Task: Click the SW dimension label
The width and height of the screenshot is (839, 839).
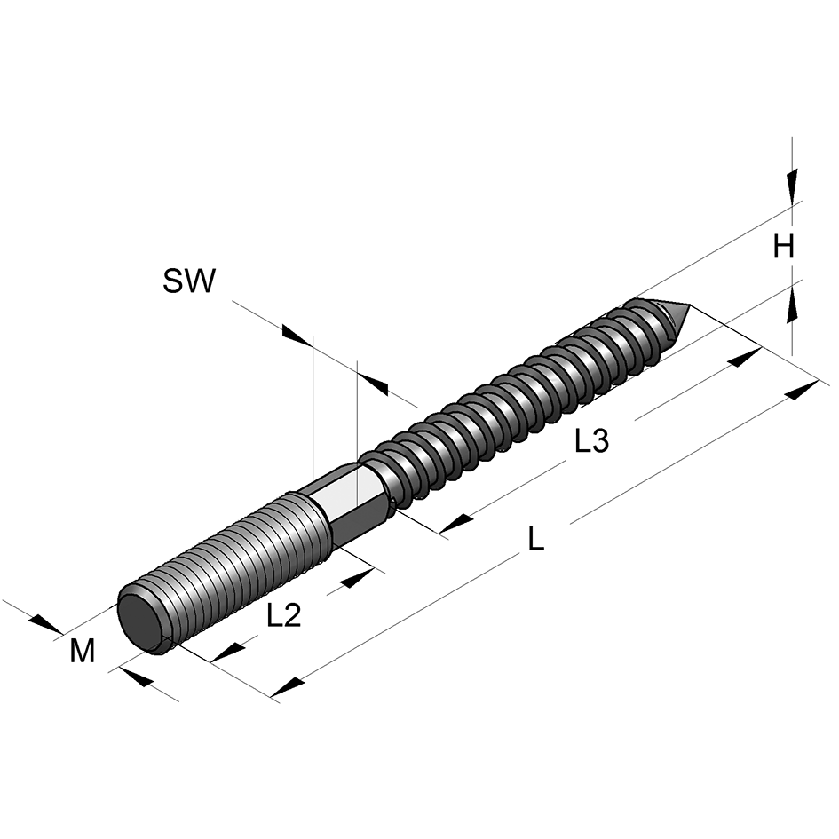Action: (x=188, y=281)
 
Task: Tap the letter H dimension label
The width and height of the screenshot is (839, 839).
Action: (x=782, y=247)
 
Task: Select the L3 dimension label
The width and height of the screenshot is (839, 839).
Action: (x=591, y=441)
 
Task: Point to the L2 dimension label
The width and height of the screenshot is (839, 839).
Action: (x=284, y=615)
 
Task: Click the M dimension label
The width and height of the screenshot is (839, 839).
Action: (x=83, y=653)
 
